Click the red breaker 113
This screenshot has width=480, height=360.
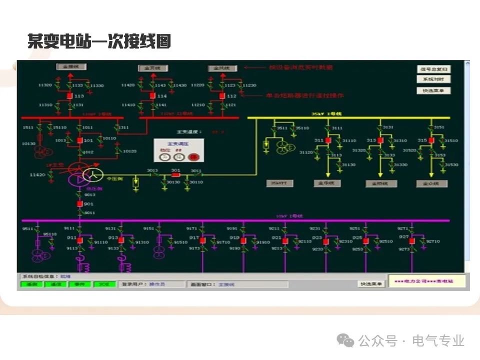[70, 95]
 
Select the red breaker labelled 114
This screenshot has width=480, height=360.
[152, 95]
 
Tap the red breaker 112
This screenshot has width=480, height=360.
[222, 95]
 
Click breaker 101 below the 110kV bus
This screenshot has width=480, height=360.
[79, 140]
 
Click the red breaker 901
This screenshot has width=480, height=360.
[79, 204]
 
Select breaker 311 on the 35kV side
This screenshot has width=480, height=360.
[328, 140]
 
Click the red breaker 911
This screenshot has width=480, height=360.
[79, 240]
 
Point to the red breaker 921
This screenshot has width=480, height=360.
[284, 240]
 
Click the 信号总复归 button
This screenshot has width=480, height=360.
[433, 69]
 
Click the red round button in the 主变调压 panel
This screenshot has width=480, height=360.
[193, 157]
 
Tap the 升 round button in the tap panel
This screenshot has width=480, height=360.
[164, 157]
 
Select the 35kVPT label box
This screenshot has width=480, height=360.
[279, 183]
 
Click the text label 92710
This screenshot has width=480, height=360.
[433, 241]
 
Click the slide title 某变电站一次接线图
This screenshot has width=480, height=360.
[99, 41]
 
